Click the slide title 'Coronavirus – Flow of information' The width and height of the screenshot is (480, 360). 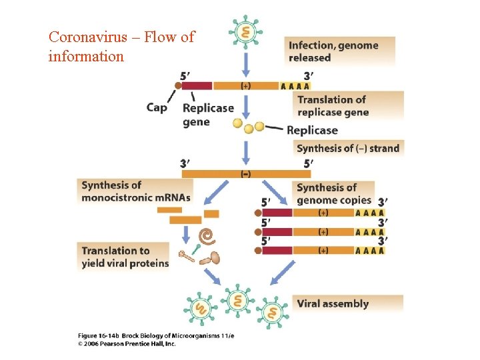(121, 46)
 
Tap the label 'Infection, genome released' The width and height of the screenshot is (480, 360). (333, 51)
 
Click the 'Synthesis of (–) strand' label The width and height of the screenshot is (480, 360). (348, 148)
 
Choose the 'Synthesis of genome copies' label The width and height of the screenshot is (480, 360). (334, 193)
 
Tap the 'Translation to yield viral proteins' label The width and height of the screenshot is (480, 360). (125, 257)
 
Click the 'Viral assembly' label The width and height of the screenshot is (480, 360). (333, 303)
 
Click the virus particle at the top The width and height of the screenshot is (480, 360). (246, 32)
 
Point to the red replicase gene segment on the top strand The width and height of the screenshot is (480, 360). (197, 85)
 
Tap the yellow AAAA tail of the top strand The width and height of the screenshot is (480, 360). (295, 85)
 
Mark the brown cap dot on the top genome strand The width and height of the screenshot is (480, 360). (178, 85)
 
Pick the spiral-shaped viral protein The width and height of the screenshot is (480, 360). (208, 235)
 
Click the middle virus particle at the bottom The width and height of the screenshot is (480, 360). (237, 302)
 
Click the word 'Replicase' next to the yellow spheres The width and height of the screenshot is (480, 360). (312, 130)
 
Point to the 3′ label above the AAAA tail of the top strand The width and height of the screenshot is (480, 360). (308, 75)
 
